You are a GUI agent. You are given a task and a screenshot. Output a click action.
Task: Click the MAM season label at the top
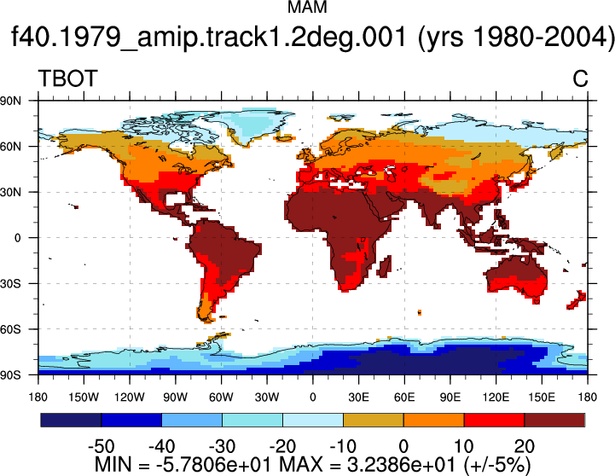click(x=307, y=7)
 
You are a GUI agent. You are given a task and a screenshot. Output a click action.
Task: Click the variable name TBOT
click(x=67, y=78)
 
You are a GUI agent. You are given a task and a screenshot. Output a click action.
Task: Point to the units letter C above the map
click(x=580, y=78)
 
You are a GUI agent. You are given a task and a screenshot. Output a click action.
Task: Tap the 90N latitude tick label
click(x=10, y=101)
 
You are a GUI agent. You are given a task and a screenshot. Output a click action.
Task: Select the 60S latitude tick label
click(x=10, y=329)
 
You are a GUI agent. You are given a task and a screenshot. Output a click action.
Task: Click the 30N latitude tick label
click(x=10, y=192)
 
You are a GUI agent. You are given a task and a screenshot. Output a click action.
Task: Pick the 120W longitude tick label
click(x=130, y=398)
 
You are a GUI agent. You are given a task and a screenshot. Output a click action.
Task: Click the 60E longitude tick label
click(x=404, y=398)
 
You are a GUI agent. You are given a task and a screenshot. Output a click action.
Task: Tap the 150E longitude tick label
click(x=542, y=398)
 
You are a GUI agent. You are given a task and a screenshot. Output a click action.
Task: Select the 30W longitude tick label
click(x=267, y=398)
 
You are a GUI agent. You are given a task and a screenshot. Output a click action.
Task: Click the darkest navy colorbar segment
click(x=71, y=420)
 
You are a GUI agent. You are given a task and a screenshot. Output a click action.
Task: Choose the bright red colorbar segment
click(x=494, y=420)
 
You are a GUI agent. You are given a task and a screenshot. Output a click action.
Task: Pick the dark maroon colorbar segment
click(x=554, y=420)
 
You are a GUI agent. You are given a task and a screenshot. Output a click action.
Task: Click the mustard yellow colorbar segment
click(x=374, y=420)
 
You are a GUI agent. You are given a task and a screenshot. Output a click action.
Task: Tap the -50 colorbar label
click(x=102, y=446)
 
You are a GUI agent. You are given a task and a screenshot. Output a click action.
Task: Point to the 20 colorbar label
click(x=525, y=446)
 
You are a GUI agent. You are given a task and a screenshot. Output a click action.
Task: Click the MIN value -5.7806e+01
click(x=213, y=465)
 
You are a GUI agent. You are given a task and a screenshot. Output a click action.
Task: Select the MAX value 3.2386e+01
click(x=401, y=465)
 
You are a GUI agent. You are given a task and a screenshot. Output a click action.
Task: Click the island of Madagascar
click(x=386, y=266)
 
